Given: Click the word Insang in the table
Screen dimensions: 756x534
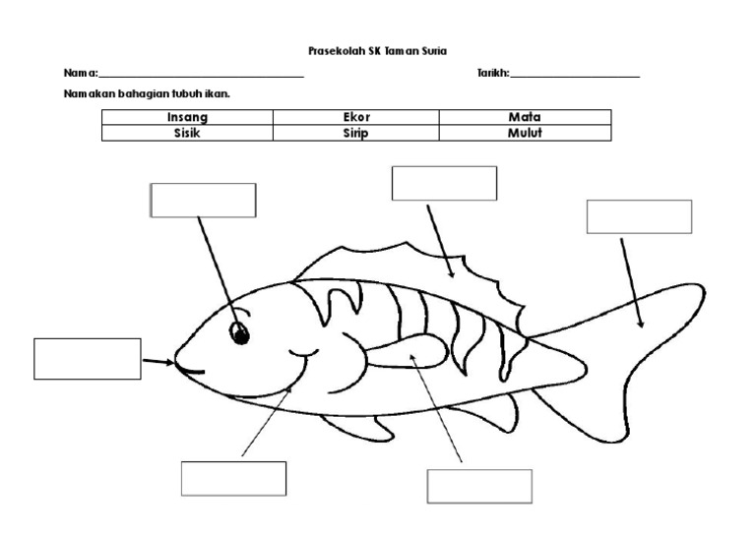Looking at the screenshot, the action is [187, 117].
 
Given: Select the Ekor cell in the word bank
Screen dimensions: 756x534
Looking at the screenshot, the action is [355, 117].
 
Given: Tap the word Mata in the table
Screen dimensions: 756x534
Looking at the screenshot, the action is [525, 117].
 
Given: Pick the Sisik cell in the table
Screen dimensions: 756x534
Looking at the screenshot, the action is [187, 134].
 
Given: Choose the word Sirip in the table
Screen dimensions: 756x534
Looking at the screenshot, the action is [355, 134].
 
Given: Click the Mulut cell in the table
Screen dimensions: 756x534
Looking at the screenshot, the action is [525, 134].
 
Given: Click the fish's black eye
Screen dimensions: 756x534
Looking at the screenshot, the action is [239, 333].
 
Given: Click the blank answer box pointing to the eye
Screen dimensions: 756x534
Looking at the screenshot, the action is [203, 200].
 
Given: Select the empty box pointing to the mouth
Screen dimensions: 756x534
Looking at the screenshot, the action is [88, 358].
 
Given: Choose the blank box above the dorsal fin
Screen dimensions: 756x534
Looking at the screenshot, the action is [444, 184].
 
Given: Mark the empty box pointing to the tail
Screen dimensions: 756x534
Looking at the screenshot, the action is [639, 216].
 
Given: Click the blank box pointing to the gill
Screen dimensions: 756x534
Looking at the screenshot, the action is [233, 478].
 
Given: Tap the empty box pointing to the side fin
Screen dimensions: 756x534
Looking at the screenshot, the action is [479, 486].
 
